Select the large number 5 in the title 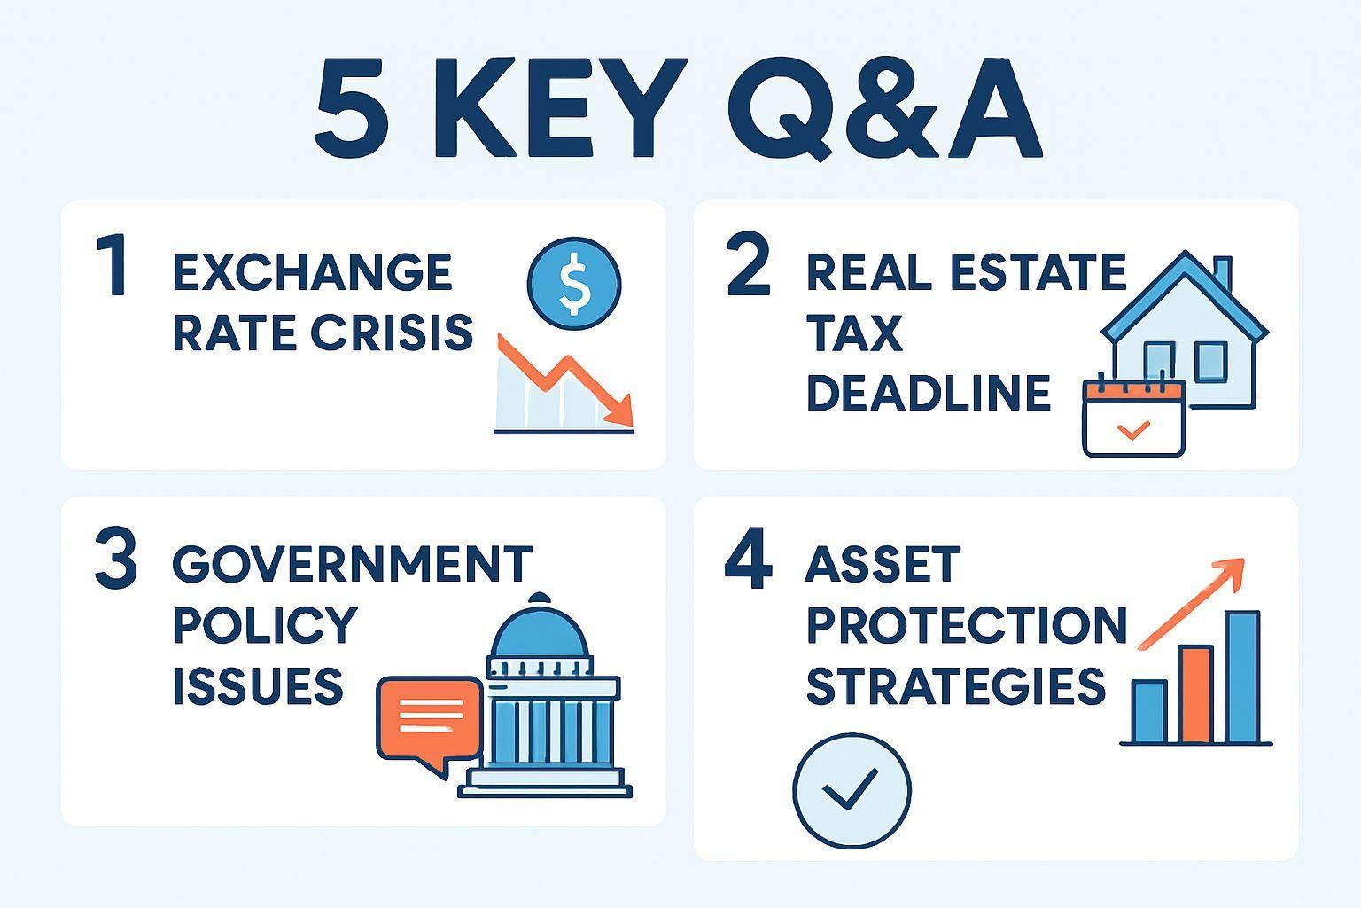coord(353,108)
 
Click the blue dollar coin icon coord(574,284)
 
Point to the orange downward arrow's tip coord(632,425)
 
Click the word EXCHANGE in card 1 coord(312,272)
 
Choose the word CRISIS coord(392,333)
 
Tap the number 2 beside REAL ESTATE coord(748,264)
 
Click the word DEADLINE coord(929,393)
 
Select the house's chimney coord(1223,275)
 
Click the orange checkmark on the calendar coord(1133,430)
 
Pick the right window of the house coord(1211,362)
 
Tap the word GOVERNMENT coord(353,564)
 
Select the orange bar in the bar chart coord(1195,694)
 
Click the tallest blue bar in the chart coord(1242,677)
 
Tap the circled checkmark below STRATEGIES coord(852,791)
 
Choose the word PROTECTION coord(967,624)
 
